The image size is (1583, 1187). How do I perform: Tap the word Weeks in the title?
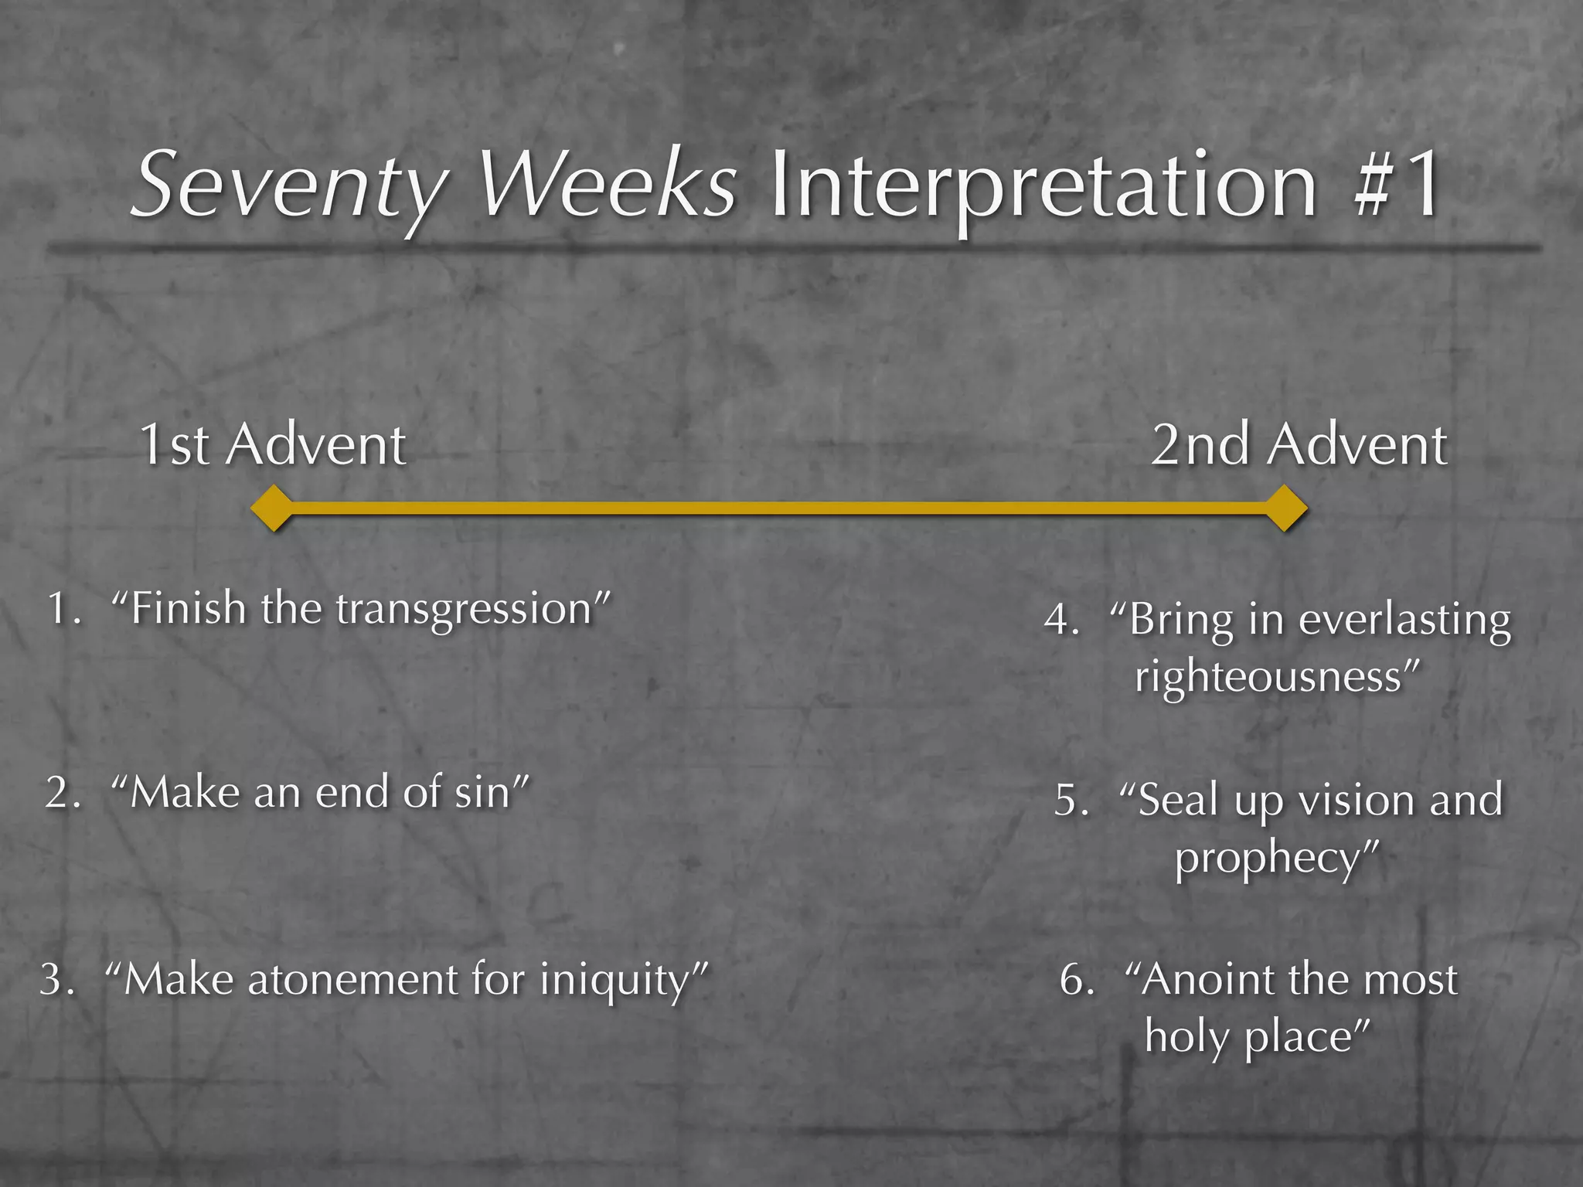click(608, 185)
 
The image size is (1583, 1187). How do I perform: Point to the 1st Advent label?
click(272, 446)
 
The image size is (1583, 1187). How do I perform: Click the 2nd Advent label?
click(1299, 446)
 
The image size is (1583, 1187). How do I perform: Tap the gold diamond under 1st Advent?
click(273, 508)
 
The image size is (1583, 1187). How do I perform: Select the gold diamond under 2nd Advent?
click(1285, 508)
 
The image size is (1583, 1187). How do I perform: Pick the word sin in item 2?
click(485, 794)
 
